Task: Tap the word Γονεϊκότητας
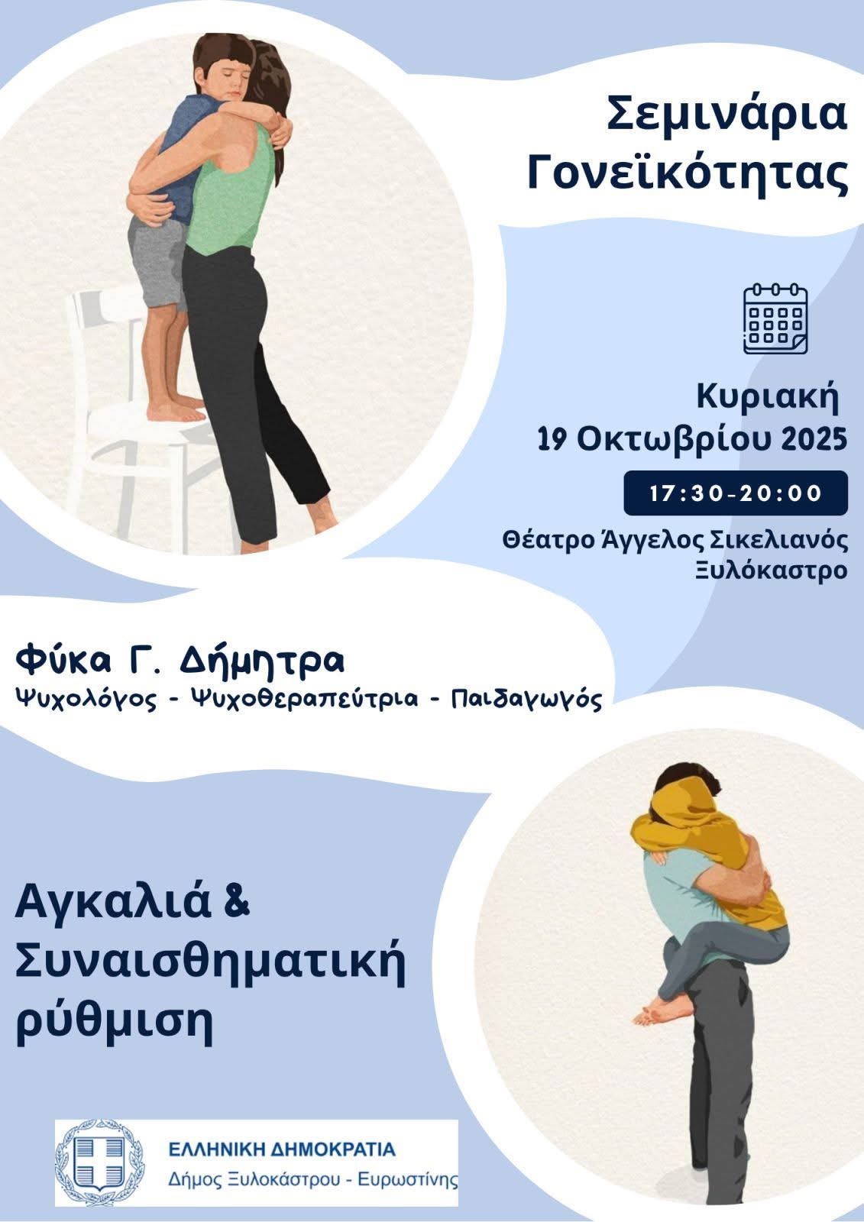[x=688, y=172]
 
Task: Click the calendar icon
[x=775, y=319]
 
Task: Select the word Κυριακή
[x=767, y=399]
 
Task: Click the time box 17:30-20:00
[x=735, y=493]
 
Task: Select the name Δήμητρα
[x=261, y=662]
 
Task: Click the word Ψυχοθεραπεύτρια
[x=304, y=699]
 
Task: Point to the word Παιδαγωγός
[x=526, y=700]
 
